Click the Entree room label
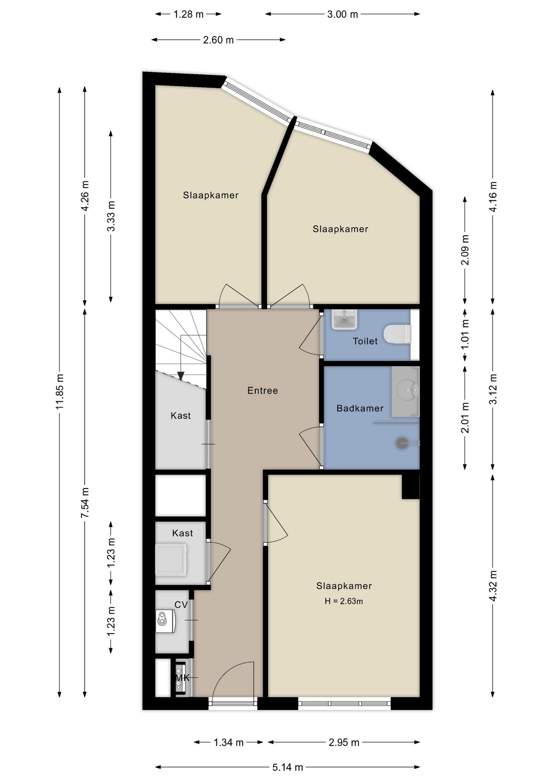point(263,390)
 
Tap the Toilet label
point(365,341)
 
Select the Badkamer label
point(360,408)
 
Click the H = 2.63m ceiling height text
point(344,601)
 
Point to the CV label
point(181,605)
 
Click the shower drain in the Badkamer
point(402,443)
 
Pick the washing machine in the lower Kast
point(172,561)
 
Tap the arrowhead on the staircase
point(181,376)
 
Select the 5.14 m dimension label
point(287,767)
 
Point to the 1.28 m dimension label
point(188,14)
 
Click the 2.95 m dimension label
point(344,742)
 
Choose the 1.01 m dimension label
point(465,334)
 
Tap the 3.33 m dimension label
point(111,216)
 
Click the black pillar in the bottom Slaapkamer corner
point(411,486)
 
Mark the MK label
point(183,678)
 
